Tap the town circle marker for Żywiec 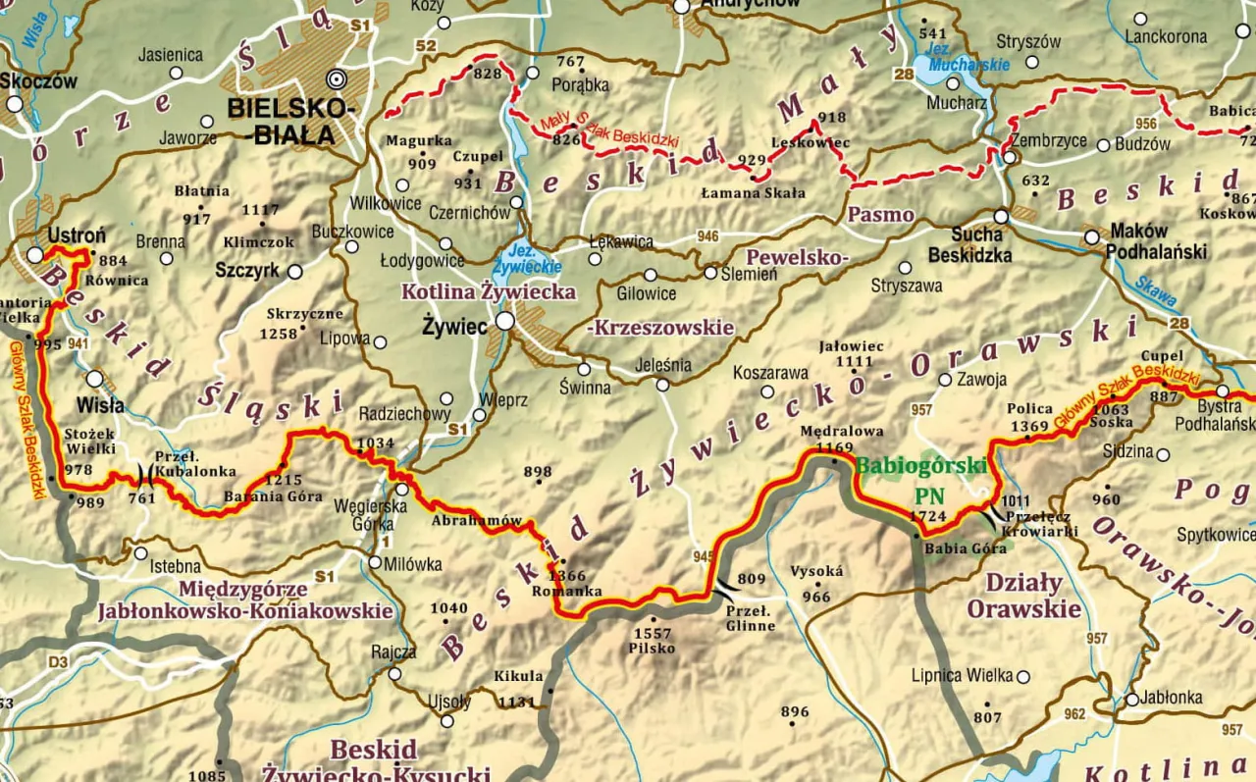pyautogui.click(x=504, y=321)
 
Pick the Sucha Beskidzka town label pyautogui.click(x=977, y=243)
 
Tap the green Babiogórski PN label pyautogui.click(x=920, y=479)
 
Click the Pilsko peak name pyautogui.click(x=653, y=648)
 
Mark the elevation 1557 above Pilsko pyautogui.click(x=653, y=633)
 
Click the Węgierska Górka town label pyautogui.click(x=370, y=514)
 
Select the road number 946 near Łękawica pyautogui.click(x=707, y=236)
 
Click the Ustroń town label pyautogui.click(x=76, y=235)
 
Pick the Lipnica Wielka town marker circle pyautogui.click(x=1023, y=676)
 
